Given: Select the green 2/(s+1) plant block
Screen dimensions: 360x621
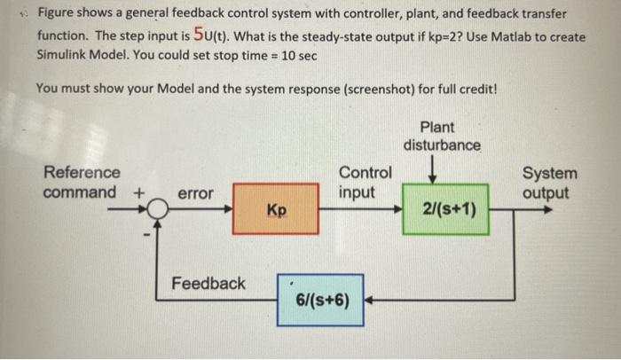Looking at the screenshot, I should pyautogui.click(x=445, y=209).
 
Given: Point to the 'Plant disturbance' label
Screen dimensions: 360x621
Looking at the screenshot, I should pyautogui.click(x=442, y=135).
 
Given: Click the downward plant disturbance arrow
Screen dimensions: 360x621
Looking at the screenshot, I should pyautogui.click(x=431, y=168).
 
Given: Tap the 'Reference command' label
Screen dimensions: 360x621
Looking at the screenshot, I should pyautogui.click(x=81, y=182).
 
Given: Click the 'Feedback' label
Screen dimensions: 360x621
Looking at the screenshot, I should pyautogui.click(x=208, y=283).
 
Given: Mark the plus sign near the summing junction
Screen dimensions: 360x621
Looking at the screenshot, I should pyautogui.click(x=138, y=192).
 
